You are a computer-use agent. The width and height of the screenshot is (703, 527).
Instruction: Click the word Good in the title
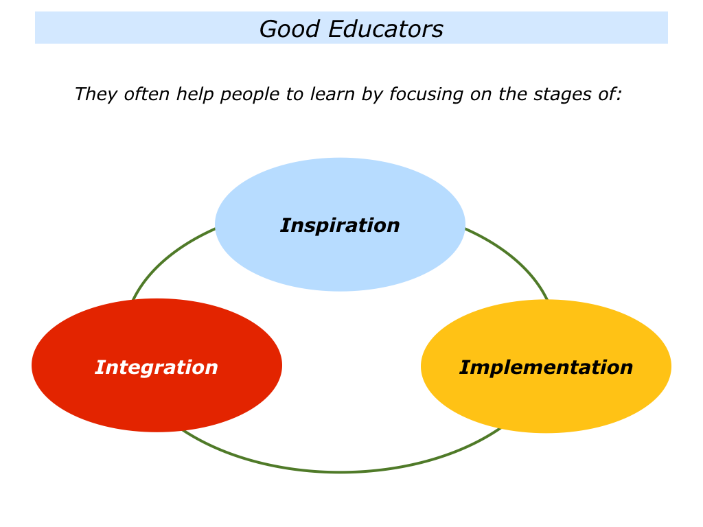coord(290,29)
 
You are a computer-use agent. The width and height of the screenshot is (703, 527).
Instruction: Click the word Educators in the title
coord(386,29)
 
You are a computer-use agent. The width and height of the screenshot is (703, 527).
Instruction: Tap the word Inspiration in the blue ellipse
coord(340,225)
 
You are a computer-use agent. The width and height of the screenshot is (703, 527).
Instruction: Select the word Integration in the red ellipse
coord(157,368)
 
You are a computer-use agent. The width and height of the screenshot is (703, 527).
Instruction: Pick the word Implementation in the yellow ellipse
coord(546,368)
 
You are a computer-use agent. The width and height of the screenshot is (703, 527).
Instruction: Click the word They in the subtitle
coord(96,95)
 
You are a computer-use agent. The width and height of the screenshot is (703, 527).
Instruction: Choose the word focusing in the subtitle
coord(426,95)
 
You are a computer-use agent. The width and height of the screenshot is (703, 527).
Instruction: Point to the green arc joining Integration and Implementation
coord(340,471)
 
